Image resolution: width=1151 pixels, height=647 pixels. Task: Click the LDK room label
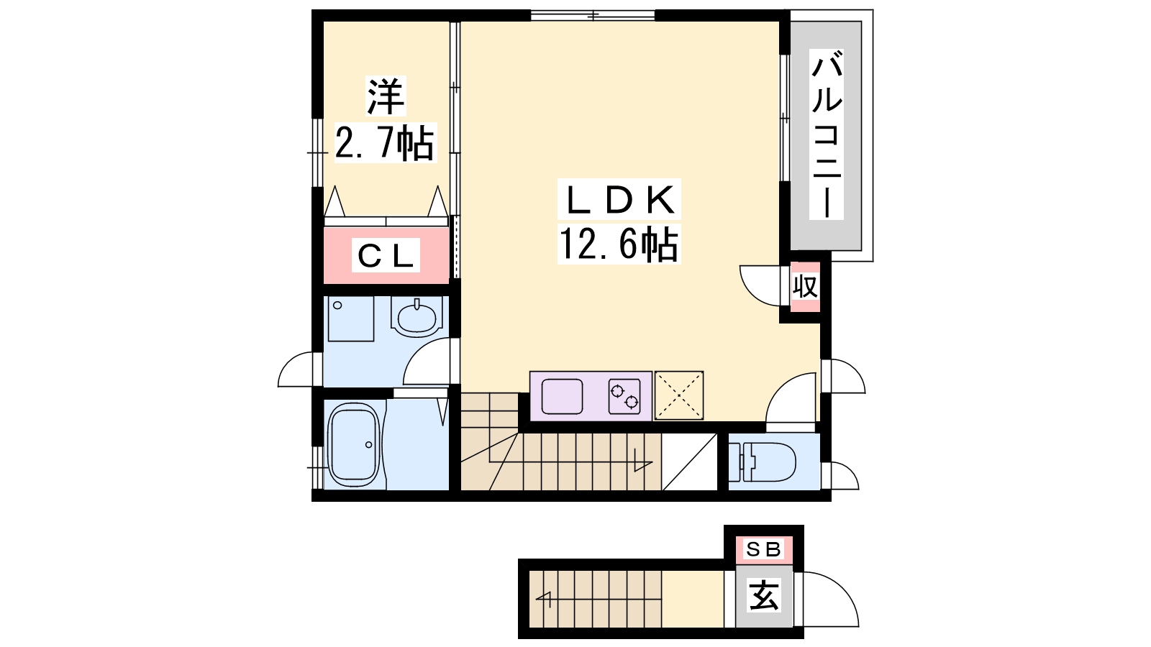pos(619,200)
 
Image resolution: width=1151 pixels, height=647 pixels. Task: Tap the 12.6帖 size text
pos(619,244)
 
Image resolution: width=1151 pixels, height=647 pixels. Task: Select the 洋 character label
pos(386,96)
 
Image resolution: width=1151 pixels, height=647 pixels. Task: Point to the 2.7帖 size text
pos(385,143)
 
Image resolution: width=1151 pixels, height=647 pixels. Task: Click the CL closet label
pos(386,256)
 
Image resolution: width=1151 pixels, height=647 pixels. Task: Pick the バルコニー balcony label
pos(827,134)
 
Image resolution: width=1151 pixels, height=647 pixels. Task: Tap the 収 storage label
pos(805,287)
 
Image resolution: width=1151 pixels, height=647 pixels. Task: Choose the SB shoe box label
pos(763,550)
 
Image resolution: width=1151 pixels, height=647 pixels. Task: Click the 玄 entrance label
pos(764,596)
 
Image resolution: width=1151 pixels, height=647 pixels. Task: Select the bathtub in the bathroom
pos(355,445)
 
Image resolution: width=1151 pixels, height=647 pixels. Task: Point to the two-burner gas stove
pos(624,396)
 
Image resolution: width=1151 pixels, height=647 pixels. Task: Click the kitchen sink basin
pos(562,396)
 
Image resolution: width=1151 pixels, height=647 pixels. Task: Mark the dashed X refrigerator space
pos(679,395)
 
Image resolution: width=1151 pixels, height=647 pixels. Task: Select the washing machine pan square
pos(351,319)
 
